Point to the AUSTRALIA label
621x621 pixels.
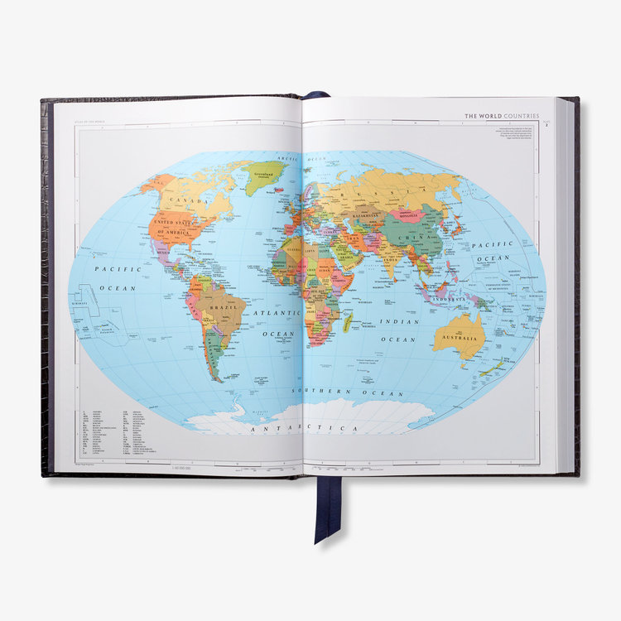[x=457, y=338]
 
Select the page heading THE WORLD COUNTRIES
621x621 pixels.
[x=502, y=117]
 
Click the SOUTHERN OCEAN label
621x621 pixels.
[x=340, y=390]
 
